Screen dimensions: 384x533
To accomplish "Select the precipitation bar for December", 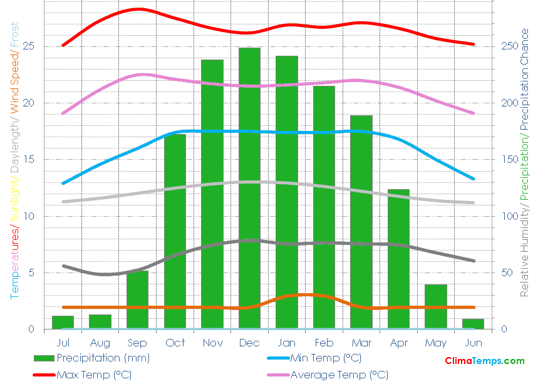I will [249, 188].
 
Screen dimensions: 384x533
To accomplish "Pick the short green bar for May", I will [436, 306].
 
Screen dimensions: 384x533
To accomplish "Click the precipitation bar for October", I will [175, 231].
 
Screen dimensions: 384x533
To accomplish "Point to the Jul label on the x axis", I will [63, 343].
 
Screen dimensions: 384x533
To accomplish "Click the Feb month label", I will [324, 343].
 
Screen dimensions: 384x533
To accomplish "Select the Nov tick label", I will [212, 343].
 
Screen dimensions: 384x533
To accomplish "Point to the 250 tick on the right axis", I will [510, 46].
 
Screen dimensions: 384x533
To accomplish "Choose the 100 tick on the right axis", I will [510, 216].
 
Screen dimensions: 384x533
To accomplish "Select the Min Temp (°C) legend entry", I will [325, 358].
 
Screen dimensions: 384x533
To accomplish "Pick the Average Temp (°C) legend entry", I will [339, 375].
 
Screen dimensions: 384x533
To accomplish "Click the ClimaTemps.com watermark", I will [484, 361].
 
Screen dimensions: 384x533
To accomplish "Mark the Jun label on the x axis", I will [473, 343].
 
